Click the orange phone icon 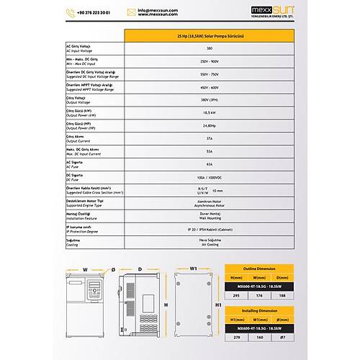[x=71, y=13]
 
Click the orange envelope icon [x=131, y=12]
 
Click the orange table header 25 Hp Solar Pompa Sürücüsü [x=209, y=35]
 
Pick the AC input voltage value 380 [x=209, y=48]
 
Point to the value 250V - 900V [x=209, y=61]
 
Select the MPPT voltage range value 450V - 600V [x=209, y=87]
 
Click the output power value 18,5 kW [x=209, y=112]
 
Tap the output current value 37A [x=209, y=138]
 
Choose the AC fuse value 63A [x=209, y=164]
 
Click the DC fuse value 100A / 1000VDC [x=209, y=177]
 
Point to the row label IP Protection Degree [x=81, y=232]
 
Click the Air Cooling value [x=209, y=245]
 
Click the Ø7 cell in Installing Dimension [x=282, y=336]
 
